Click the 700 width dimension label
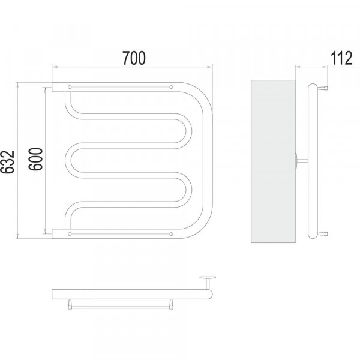click(134, 58)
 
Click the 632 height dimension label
click(8, 162)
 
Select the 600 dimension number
click(36, 159)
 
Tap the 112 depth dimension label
click(341, 58)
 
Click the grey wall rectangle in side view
click(273, 161)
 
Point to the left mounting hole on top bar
click(70, 87)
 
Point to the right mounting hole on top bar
click(171, 87)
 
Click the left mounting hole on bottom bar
click(70, 234)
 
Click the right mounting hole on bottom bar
click(171, 234)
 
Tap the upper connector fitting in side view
click(322, 88)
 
